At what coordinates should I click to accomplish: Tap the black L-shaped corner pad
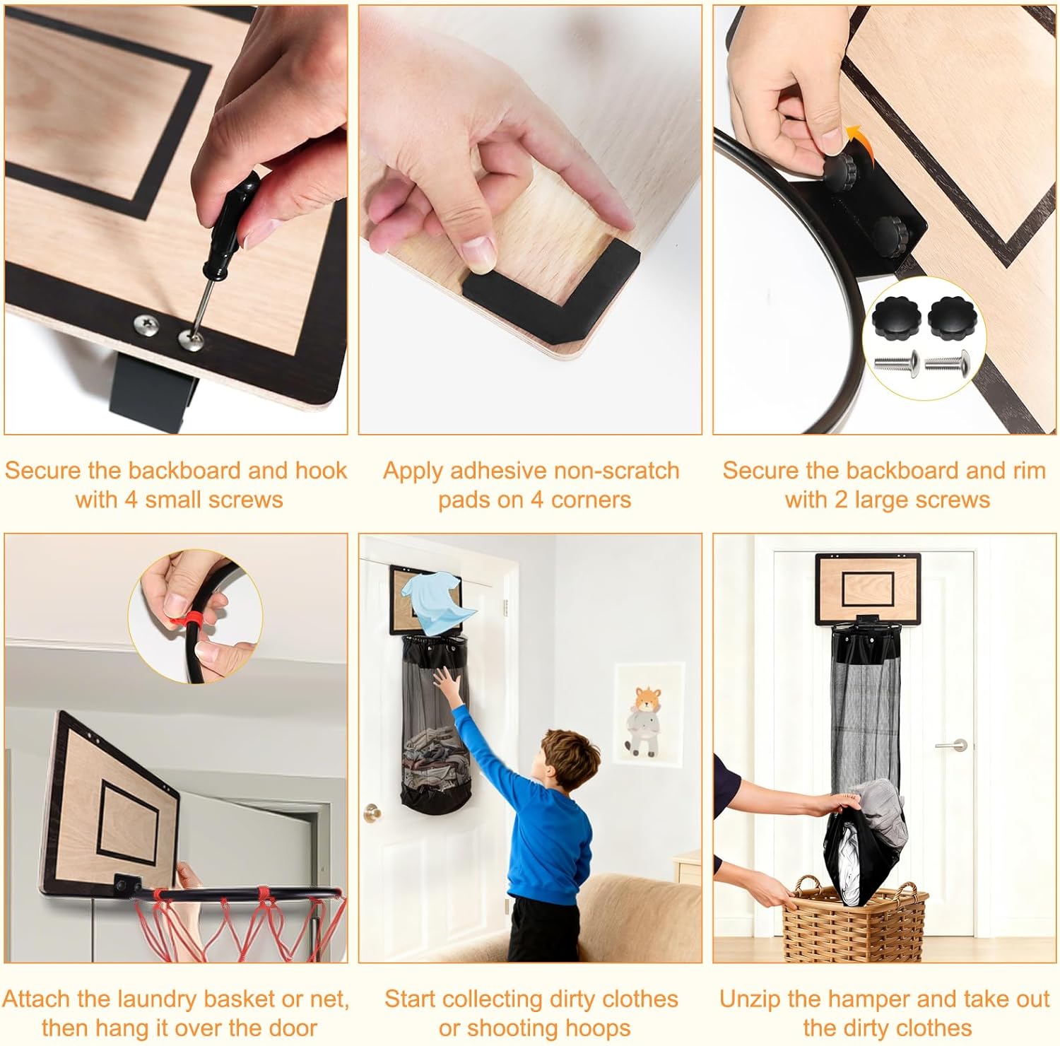pyautogui.click(x=551, y=279)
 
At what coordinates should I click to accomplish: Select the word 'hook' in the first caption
pyautogui.click(x=321, y=471)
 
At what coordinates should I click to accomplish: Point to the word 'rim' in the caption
pyautogui.click(x=1028, y=471)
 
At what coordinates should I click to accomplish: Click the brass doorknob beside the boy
pyautogui.click(x=371, y=813)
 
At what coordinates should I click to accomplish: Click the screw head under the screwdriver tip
pyautogui.click(x=191, y=340)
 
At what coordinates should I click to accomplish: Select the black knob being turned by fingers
pyautogui.click(x=839, y=167)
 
